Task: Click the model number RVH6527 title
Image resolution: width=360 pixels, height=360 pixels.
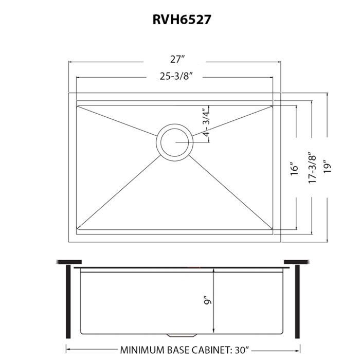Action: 182,20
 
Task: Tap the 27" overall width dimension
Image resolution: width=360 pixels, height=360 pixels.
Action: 177,59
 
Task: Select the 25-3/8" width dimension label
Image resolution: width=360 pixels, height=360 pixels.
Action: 176,76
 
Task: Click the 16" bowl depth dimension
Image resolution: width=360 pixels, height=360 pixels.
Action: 294,169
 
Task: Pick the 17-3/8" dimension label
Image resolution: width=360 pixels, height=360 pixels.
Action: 313,168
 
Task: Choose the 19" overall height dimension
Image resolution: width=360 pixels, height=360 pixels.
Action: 328,167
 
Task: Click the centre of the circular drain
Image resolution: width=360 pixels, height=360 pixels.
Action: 174,142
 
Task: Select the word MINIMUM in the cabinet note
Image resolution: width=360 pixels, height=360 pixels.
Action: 143,350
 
